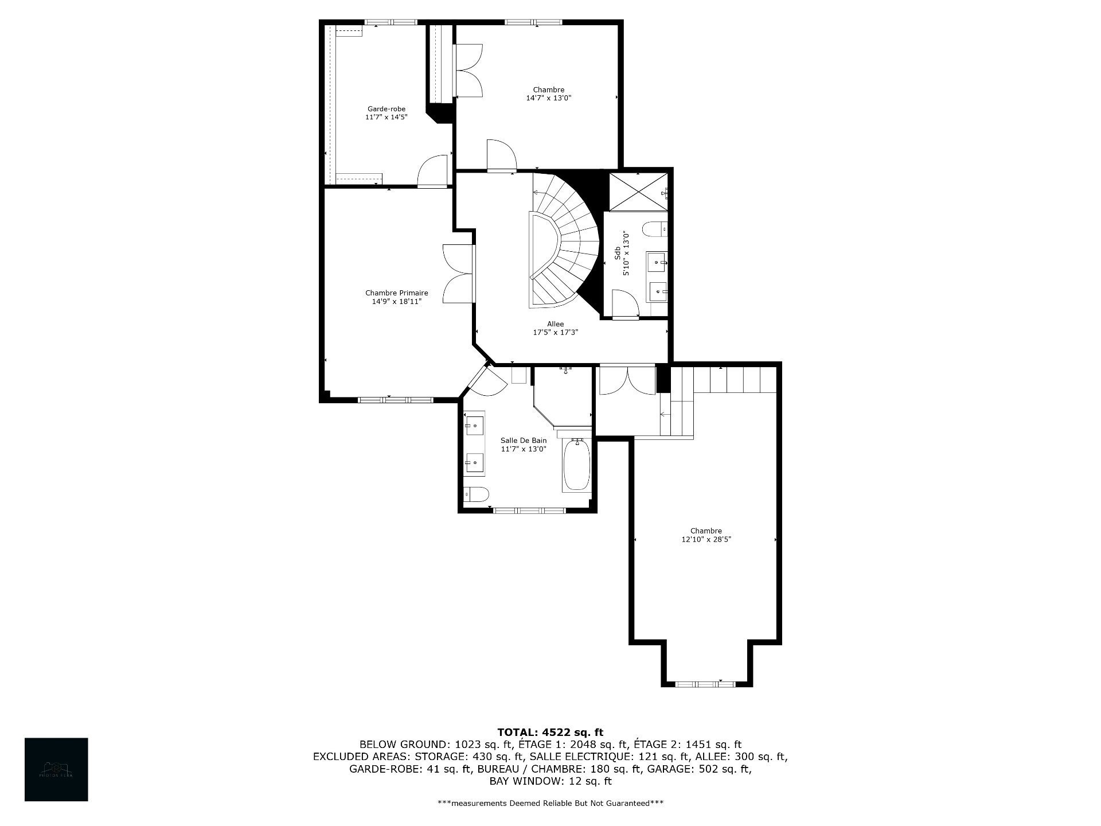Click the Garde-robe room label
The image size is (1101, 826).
[386, 108]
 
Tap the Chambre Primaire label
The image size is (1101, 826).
[396, 293]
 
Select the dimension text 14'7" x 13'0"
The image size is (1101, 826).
[548, 98]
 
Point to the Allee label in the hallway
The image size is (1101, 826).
[555, 324]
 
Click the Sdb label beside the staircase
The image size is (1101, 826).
[617, 253]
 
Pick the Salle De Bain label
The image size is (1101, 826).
[523, 441]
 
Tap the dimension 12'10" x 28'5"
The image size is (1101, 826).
[706, 539]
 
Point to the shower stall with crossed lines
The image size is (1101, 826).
[637, 192]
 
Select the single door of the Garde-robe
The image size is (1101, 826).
[433, 172]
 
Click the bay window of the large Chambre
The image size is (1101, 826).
[705, 684]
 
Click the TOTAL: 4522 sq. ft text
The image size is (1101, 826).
[550, 733]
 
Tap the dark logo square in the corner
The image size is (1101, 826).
[56, 769]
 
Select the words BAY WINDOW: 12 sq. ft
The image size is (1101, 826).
[550, 781]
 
